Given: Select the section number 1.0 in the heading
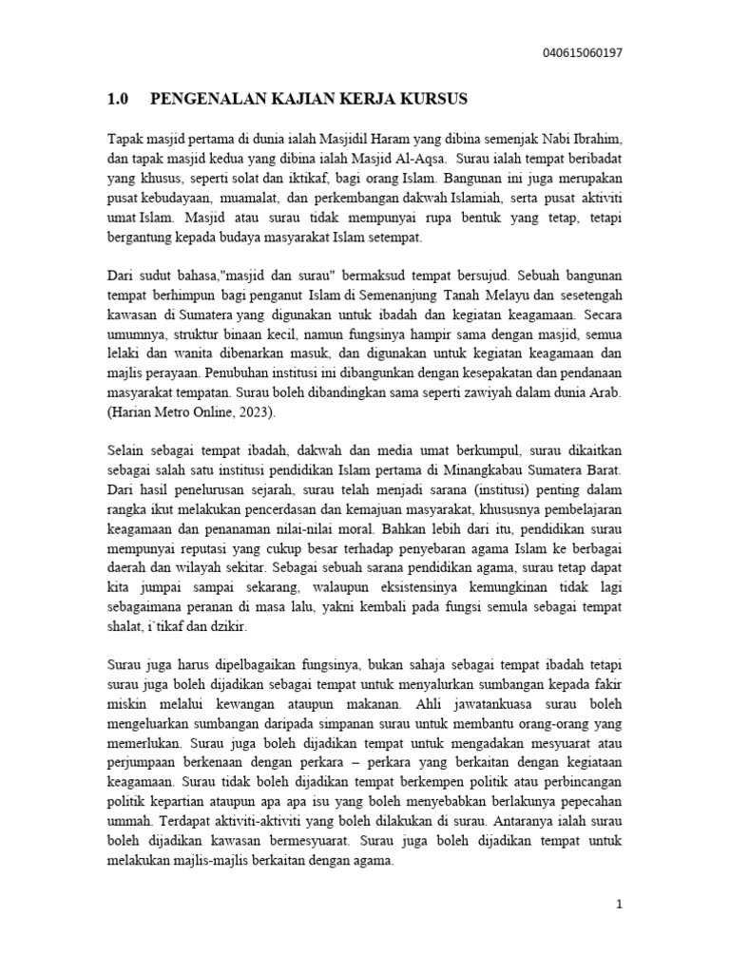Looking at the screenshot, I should coord(116,100).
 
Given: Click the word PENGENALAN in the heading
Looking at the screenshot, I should coord(203,100).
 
